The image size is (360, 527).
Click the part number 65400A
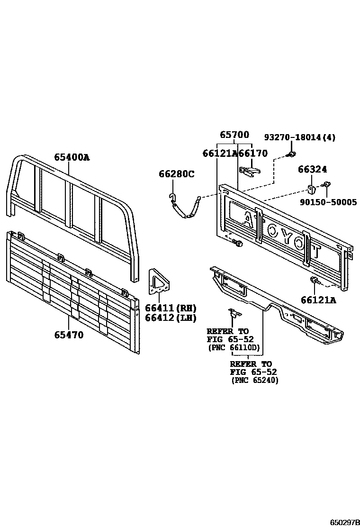71,157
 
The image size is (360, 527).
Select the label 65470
69,335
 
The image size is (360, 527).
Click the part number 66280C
176,174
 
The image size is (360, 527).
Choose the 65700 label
234,135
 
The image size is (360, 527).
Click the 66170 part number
253,153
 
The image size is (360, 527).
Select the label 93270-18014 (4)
299,137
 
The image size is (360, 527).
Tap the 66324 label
312,169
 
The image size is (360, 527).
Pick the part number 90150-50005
328,202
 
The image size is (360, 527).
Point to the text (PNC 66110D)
234,347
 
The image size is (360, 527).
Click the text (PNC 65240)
255,380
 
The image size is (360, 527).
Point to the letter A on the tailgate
248,218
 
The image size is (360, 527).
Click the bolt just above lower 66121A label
314,282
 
